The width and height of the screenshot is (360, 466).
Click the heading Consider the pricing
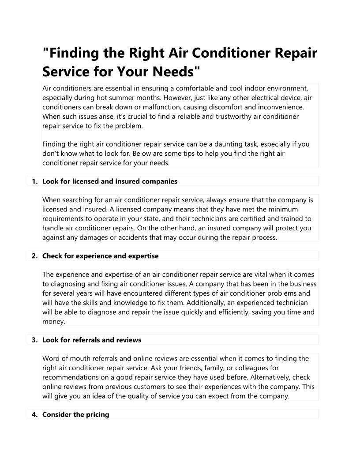tap(75, 415)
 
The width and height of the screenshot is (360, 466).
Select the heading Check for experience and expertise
tap(100, 256)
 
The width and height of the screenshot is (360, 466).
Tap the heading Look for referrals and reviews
tap(92, 340)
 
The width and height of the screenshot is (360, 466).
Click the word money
tap(53, 322)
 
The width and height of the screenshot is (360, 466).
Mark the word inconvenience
tap(277, 107)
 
